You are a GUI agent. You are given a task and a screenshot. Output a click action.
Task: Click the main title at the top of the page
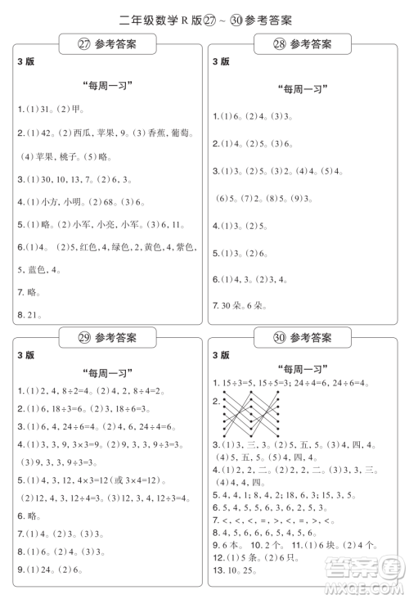point(205,19)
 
